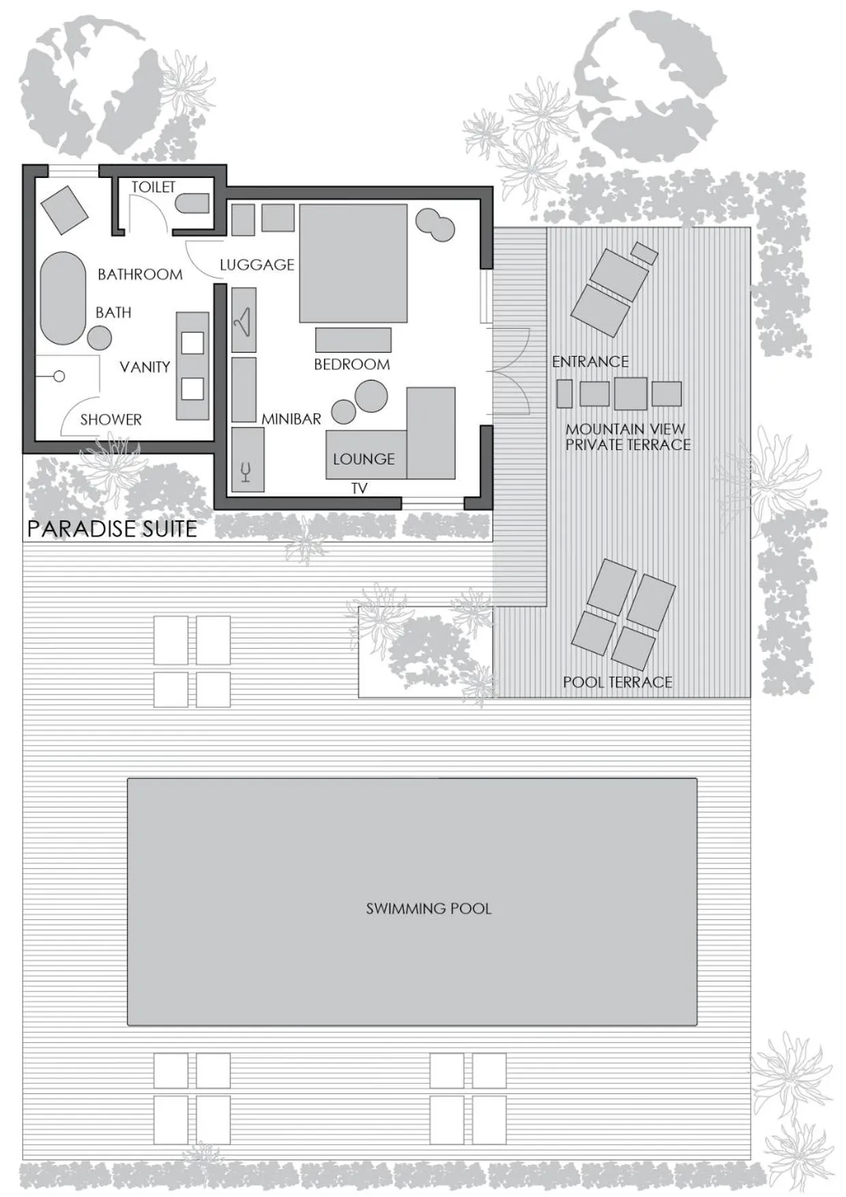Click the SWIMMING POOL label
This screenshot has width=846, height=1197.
point(428,908)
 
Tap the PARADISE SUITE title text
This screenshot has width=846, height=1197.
point(112,529)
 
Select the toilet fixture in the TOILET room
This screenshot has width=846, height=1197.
point(193,203)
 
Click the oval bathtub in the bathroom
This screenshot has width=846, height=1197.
point(63,298)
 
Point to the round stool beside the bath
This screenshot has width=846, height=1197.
point(100,338)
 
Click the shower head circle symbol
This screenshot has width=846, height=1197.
point(59,376)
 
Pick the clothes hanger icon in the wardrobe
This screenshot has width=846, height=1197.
point(243,321)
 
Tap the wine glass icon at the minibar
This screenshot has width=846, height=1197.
point(246,471)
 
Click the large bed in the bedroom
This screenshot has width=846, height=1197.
point(353,263)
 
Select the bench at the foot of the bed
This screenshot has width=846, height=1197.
point(353,340)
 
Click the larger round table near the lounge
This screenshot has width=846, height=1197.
point(371,396)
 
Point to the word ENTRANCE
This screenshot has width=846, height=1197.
point(590,361)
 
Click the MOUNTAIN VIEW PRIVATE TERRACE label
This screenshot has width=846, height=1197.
point(628,437)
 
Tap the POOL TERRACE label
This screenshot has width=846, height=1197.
point(617,682)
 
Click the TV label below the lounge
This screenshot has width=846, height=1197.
point(359,488)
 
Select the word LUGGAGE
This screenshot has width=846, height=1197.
point(257,265)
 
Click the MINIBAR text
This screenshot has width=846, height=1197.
point(291,419)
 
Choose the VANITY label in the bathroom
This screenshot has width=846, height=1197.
point(145,367)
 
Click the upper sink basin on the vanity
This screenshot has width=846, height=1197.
point(192,342)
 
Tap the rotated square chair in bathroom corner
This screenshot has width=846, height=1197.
point(64,210)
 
